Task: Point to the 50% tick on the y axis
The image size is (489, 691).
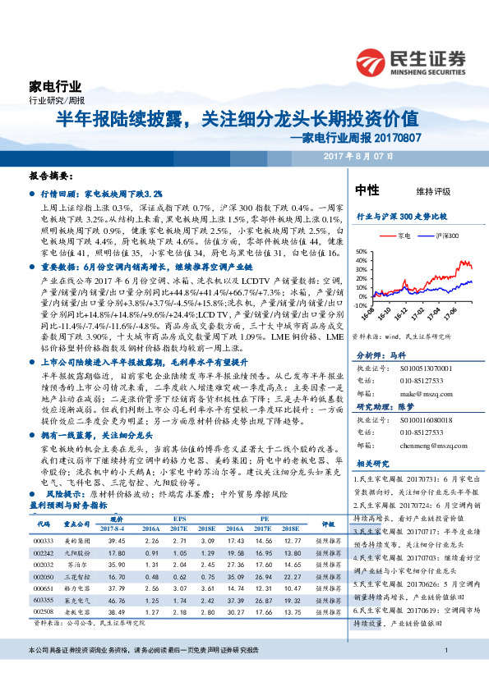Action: pos(361,252)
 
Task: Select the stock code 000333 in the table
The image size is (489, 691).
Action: pos(44,541)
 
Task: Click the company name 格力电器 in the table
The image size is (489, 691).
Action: pos(77,588)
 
